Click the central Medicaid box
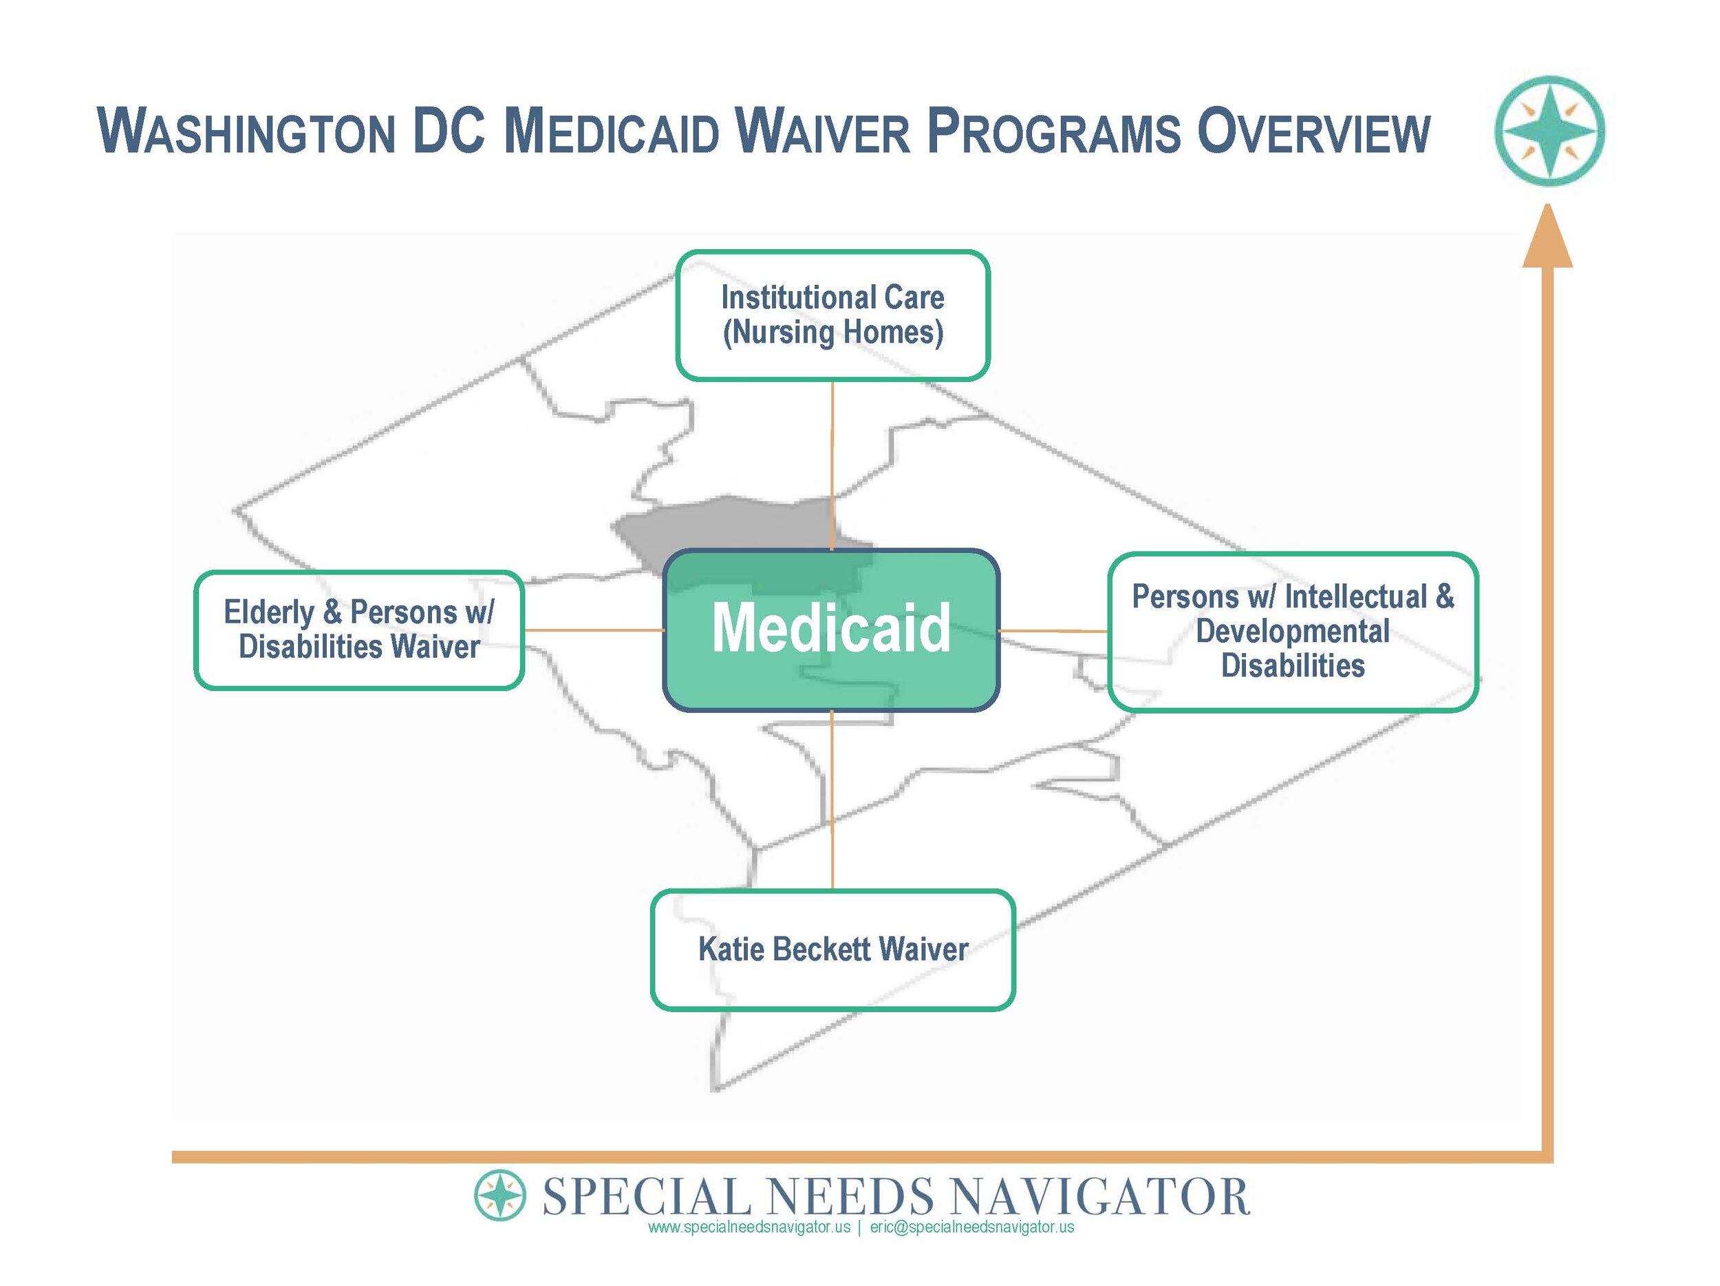pyautogui.click(x=830, y=629)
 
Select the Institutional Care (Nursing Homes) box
pyautogui.click(x=832, y=315)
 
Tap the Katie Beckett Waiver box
pyautogui.click(x=832, y=950)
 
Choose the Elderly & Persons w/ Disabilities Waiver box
pyautogui.click(x=358, y=630)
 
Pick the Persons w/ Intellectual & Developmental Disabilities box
pyautogui.click(x=1292, y=632)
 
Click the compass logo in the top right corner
pyautogui.click(x=1549, y=131)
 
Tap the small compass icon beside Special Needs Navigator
pyautogui.click(x=500, y=1195)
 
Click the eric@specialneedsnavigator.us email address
pyautogui.click(x=972, y=1227)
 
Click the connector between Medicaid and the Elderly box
pyautogui.click(x=593, y=630)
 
